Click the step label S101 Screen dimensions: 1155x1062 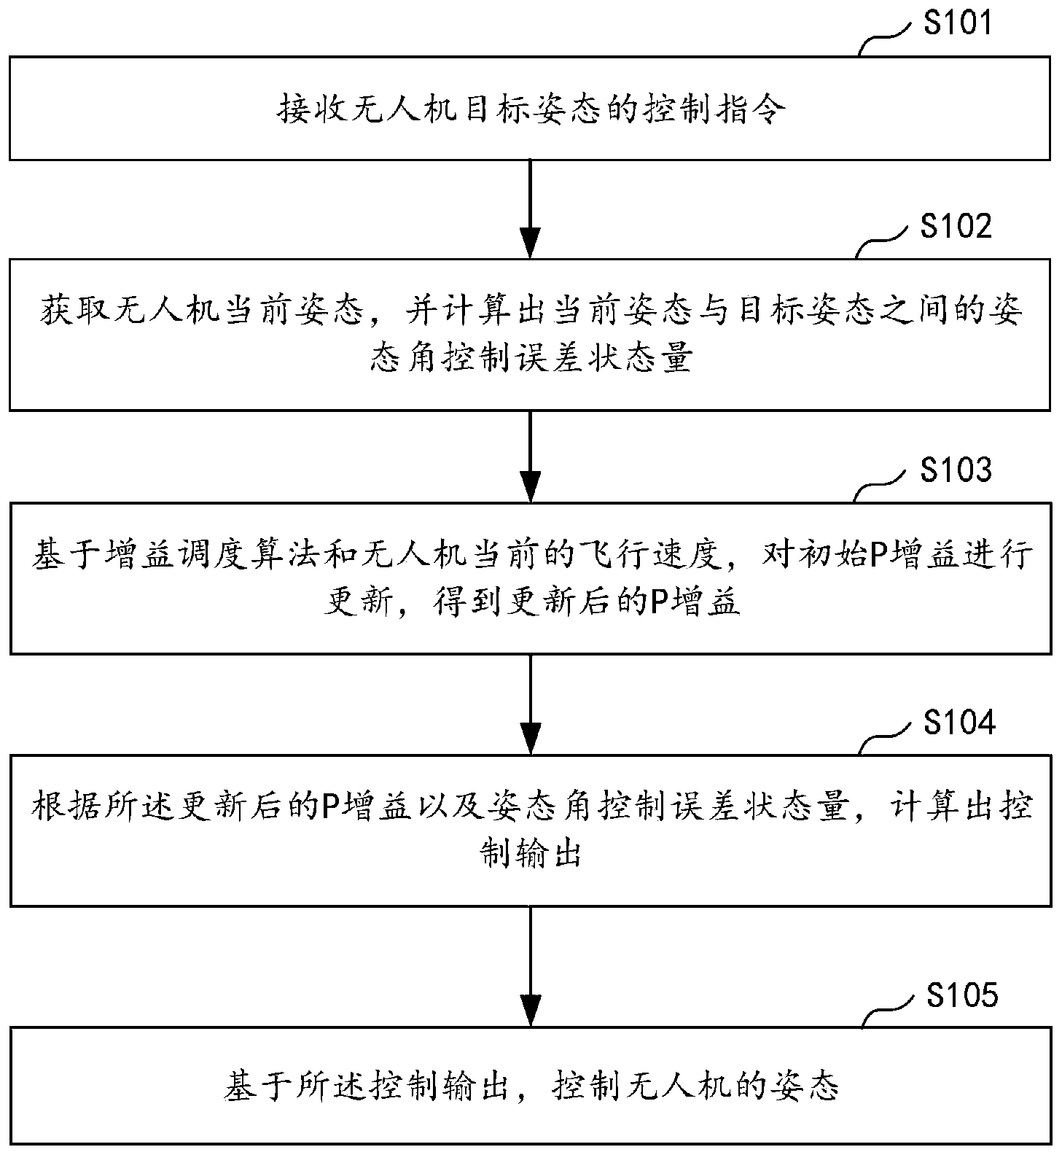tap(958, 24)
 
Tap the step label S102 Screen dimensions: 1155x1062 tap(956, 227)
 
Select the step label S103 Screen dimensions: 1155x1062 tap(956, 470)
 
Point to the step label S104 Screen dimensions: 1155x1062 tap(958, 723)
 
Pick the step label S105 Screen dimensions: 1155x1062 tap(961, 995)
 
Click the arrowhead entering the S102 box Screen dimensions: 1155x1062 tap(530, 243)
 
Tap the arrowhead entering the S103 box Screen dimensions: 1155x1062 tap(530, 486)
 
